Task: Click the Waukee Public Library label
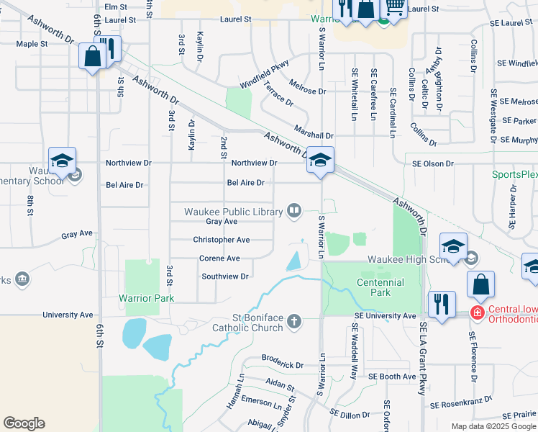point(234,212)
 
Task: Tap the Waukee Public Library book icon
point(293,211)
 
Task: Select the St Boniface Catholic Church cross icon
point(293,321)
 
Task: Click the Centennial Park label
point(380,287)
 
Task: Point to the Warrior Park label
point(147,298)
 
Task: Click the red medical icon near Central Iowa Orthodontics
point(476,312)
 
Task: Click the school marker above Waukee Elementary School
point(62,160)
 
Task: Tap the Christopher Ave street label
point(221,240)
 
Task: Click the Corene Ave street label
point(219,258)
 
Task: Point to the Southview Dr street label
point(224,276)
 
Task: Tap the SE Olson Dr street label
point(433,163)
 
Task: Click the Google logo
point(24,423)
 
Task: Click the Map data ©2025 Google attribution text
point(493,426)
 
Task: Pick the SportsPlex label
point(514,174)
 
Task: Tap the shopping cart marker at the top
point(393,6)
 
